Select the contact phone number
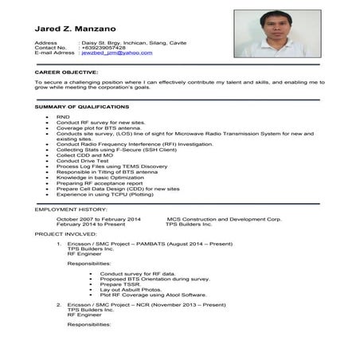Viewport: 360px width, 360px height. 104,47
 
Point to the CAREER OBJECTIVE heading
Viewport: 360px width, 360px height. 67,72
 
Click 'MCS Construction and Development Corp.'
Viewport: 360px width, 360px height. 224,218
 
